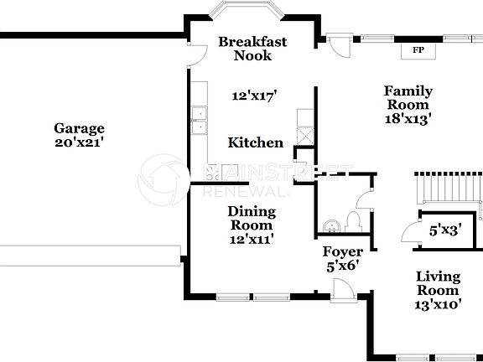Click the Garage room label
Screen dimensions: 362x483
(x=80, y=128)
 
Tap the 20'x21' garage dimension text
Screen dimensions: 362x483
(x=80, y=142)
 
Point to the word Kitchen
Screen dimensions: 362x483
(x=256, y=143)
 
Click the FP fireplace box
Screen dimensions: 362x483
(x=417, y=50)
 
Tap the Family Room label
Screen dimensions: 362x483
(x=408, y=98)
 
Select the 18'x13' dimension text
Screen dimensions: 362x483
(x=408, y=119)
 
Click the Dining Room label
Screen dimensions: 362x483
(x=251, y=218)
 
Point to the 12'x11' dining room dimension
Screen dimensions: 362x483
(x=251, y=239)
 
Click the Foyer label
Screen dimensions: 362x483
(x=343, y=251)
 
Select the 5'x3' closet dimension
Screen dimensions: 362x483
(x=445, y=229)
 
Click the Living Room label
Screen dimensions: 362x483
(x=439, y=283)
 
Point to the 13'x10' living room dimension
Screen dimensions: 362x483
(x=439, y=305)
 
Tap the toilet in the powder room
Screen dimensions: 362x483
(x=353, y=221)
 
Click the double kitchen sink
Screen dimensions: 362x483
(x=199, y=121)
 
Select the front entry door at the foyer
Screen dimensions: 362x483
(x=342, y=290)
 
